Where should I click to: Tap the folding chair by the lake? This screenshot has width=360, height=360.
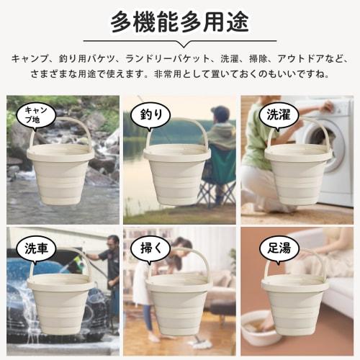coord(216,180)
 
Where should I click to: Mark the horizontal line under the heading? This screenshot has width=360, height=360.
coord(180,41)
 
